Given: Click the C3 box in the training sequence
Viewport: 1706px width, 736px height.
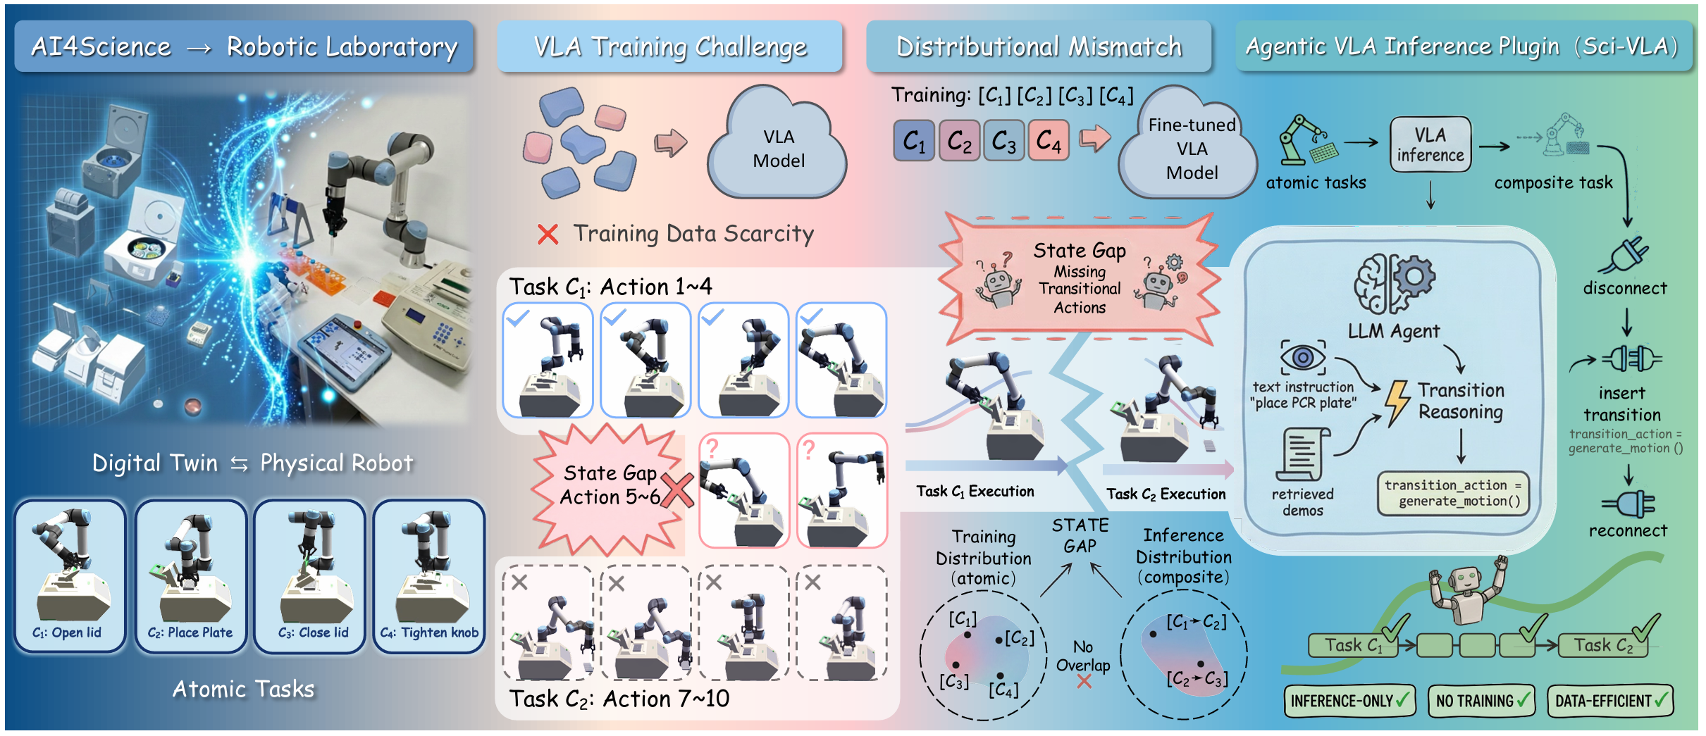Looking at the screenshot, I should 1003,141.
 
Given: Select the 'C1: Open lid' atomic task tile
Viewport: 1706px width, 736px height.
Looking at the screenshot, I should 70,575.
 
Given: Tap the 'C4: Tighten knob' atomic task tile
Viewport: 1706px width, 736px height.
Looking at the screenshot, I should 429,575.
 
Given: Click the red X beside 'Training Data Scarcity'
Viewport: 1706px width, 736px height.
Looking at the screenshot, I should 548,234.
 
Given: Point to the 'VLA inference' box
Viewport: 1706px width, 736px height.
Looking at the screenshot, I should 1430,144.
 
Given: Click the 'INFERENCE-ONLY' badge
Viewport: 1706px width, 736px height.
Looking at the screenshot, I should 1349,701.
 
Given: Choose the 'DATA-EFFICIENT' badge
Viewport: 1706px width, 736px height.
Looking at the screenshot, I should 1610,701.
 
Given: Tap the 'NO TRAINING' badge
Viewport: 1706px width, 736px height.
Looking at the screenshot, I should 1481,701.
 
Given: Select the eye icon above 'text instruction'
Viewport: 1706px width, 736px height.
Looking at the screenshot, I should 1302,358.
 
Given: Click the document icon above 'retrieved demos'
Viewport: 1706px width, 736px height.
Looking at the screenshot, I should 1302,454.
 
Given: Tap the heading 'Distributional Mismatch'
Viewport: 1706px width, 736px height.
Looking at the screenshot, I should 1038,46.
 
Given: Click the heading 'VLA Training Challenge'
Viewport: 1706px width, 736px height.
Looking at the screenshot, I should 669,46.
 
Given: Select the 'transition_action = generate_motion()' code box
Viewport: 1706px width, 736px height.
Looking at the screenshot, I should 1453,493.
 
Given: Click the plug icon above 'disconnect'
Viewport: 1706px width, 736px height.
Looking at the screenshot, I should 1625,255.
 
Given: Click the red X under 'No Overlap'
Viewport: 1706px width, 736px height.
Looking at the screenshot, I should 1084,681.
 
